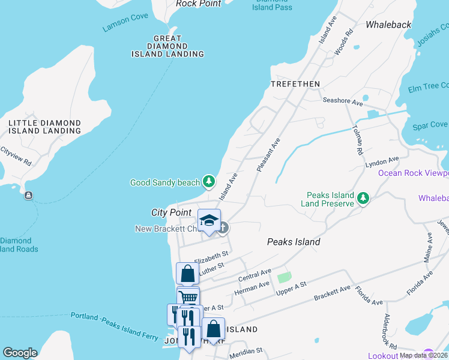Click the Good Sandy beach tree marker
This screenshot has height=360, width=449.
click(x=208, y=181)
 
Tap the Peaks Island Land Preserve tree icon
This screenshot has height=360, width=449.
click(x=363, y=199)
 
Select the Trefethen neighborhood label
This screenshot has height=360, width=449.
click(x=295, y=83)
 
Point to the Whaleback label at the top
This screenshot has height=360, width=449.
click(x=388, y=25)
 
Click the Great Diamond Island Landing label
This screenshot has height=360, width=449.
click(x=167, y=46)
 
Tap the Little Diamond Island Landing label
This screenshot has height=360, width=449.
click(x=44, y=127)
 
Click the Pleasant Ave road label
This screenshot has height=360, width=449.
click(x=268, y=155)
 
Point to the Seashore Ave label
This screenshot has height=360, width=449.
click(x=343, y=102)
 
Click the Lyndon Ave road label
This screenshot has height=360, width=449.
click(x=382, y=162)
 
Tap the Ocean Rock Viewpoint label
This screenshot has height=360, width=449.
click(x=413, y=173)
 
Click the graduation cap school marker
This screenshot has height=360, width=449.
click(x=209, y=220)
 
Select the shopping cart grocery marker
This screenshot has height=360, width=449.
click(x=188, y=297)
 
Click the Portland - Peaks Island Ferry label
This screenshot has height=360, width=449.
click(x=114, y=325)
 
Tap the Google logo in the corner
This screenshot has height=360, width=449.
click(x=20, y=353)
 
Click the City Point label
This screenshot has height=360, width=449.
click(x=171, y=212)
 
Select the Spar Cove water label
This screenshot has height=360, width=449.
click(x=430, y=125)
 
